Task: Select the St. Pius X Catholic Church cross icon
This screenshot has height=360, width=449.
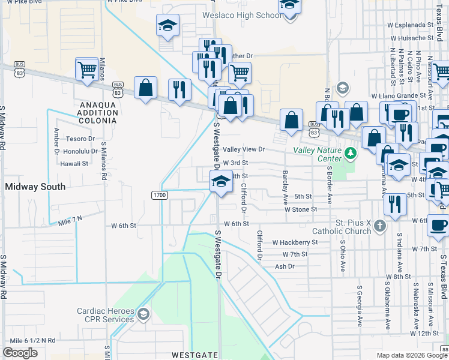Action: tap(379, 226)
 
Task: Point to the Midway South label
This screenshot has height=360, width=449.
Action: tap(35, 187)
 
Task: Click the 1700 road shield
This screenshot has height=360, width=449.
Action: tap(160, 195)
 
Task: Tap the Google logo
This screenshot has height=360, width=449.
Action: tap(20, 353)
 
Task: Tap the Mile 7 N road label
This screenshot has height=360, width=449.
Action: tap(70, 221)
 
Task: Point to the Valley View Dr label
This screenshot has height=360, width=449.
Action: tap(244, 149)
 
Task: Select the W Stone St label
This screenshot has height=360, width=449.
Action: tap(300, 210)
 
